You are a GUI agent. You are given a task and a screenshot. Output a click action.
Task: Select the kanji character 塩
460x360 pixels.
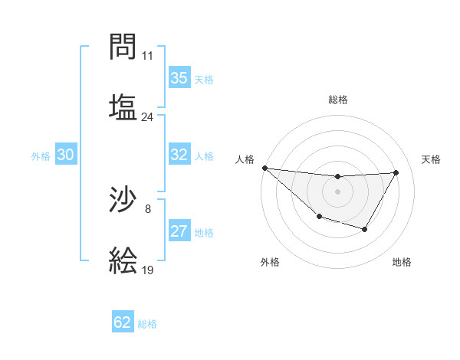point(123,106)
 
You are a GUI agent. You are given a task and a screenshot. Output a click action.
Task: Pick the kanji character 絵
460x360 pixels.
point(123,260)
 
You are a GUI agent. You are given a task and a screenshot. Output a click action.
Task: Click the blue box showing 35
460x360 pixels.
point(179,78)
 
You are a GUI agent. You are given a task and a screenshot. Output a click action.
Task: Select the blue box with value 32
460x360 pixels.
point(179,155)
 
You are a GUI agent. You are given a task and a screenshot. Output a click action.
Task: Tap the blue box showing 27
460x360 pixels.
point(179,231)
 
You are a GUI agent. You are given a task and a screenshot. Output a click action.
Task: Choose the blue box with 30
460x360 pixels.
point(66,155)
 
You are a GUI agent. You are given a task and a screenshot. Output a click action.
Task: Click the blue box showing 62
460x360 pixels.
point(123,322)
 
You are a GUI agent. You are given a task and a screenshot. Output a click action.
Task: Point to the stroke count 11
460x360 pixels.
point(148,56)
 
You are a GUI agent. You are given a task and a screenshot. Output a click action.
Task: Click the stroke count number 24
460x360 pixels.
point(148,117)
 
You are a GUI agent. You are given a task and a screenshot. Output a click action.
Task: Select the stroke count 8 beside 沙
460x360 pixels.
point(148,208)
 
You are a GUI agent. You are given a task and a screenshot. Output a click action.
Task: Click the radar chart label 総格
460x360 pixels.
point(338,100)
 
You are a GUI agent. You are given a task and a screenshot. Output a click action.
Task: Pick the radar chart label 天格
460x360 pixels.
point(432,159)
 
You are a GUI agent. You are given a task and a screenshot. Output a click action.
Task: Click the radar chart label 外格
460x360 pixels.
point(270,262)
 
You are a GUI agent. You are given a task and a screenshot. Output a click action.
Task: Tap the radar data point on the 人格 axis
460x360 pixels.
point(264,168)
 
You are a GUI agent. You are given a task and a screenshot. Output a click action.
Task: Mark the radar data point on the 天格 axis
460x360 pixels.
point(396,172)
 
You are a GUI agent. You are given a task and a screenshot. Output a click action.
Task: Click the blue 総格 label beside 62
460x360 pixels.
point(147,323)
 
